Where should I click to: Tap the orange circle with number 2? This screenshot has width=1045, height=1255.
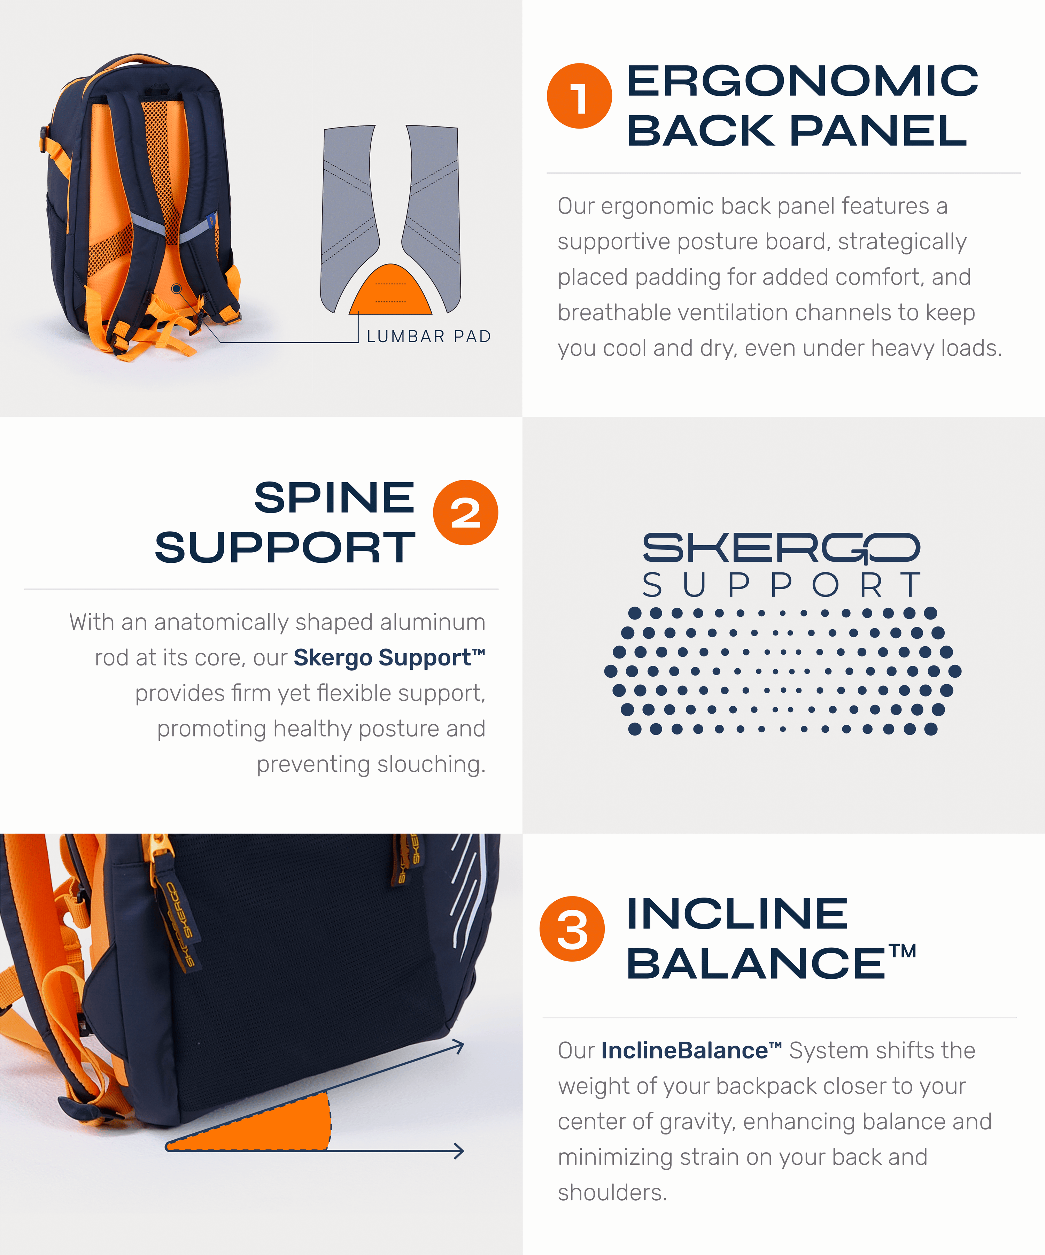click(x=465, y=512)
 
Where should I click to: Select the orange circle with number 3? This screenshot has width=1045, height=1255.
click(x=572, y=929)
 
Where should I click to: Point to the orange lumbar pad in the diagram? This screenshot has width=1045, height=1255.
click(x=390, y=290)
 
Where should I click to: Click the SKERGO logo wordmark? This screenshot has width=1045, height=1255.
click(x=781, y=548)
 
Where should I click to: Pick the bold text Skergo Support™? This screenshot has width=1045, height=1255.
click(x=389, y=657)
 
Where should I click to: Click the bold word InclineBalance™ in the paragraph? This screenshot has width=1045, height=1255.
click(x=691, y=1050)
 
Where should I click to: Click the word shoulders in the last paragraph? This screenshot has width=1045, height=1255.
click(x=612, y=1192)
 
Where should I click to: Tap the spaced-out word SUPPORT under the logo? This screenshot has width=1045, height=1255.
click(x=781, y=585)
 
